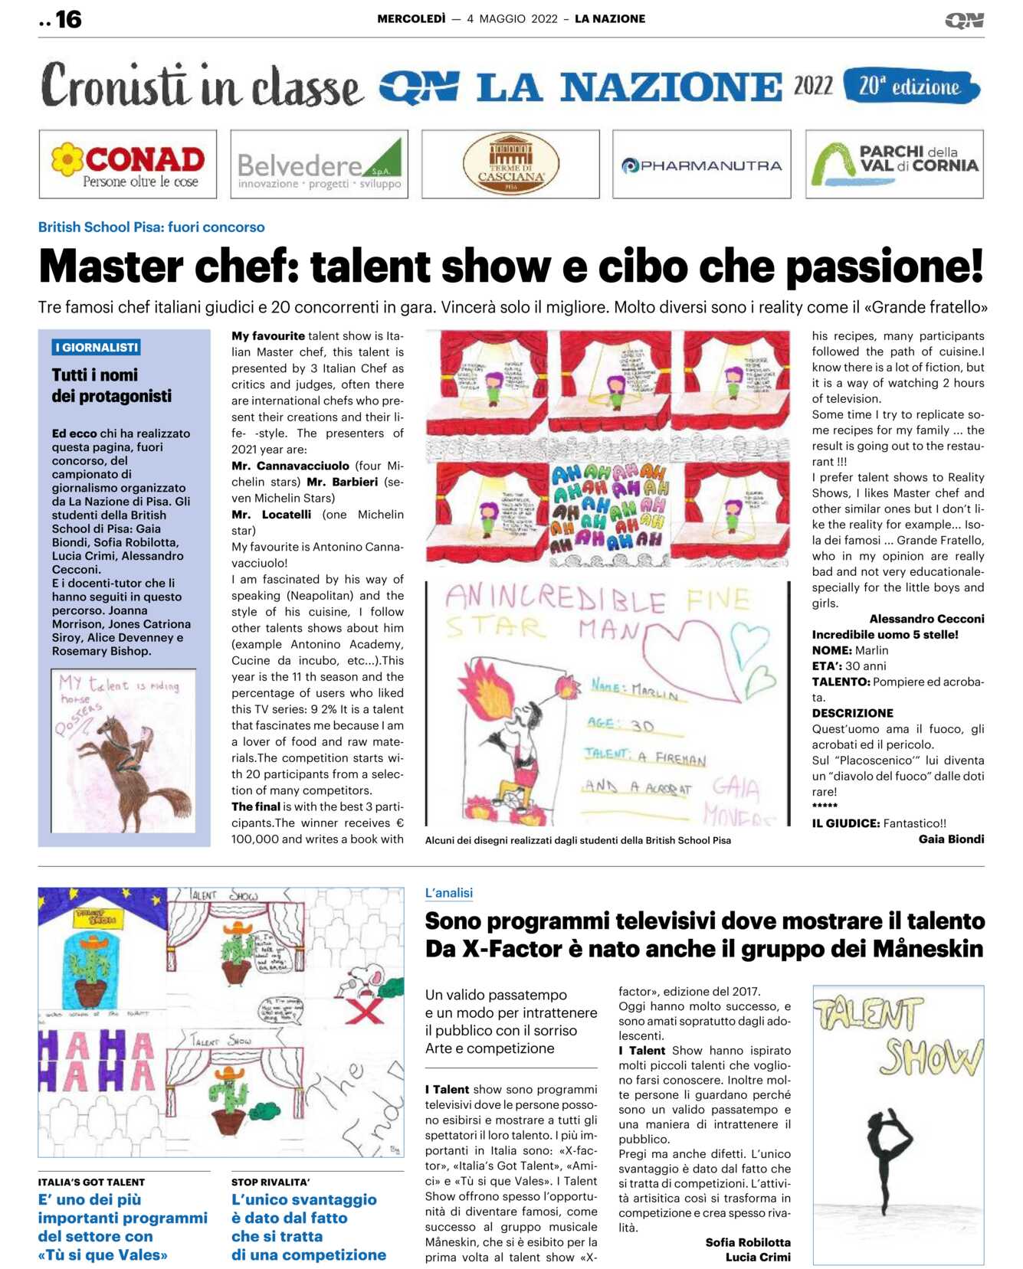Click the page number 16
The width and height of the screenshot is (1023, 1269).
[x=68, y=19]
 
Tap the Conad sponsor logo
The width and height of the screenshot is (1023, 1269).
[x=128, y=165]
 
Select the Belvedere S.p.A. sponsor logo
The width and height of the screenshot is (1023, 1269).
[x=319, y=165]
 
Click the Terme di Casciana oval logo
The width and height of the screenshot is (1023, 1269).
[x=510, y=165]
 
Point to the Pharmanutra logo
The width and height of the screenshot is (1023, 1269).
[x=701, y=165]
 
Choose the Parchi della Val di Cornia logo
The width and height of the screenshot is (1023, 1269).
[x=894, y=165]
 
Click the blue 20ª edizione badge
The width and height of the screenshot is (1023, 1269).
[x=910, y=86]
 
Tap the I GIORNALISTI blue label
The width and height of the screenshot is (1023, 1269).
[x=97, y=348]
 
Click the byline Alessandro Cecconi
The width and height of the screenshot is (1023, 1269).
[x=926, y=619]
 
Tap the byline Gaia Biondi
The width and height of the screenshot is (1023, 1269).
[x=951, y=839]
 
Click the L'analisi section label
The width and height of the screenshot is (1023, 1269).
[x=449, y=893]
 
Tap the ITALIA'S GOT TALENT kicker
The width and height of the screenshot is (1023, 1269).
[x=91, y=1182]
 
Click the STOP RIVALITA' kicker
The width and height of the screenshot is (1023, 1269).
[x=271, y=1182]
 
